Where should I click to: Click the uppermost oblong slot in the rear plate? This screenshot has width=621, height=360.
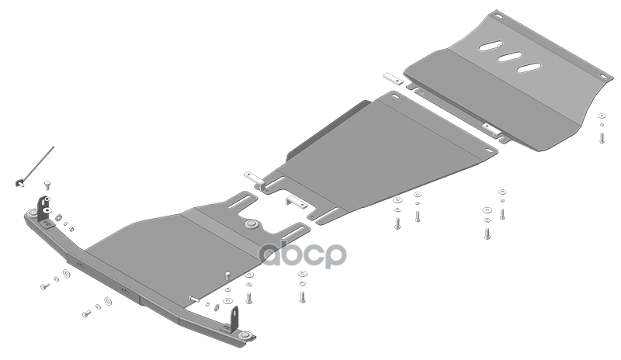[x=491, y=46]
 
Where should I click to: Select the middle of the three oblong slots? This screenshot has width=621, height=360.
[x=509, y=57]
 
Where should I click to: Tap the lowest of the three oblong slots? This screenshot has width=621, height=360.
[x=529, y=67]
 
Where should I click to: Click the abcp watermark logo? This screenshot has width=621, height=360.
[x=303, y=254]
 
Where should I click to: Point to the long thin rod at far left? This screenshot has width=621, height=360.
[x=38, y=164]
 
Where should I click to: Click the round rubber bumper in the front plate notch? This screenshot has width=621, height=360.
[x=252, y=224]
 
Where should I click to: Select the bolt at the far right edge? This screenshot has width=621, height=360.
[x=602, y=137]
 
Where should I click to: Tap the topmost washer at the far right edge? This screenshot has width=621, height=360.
[x=602, y=116]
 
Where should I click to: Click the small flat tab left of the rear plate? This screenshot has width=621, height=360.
[x=393, y=78]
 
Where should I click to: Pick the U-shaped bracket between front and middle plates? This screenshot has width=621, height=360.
[x=297, y=202]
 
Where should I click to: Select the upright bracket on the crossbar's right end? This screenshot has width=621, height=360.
[x=234, y=318]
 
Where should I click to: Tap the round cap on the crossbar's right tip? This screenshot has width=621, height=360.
[x=246, y=335]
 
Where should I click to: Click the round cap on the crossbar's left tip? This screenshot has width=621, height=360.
[x=32, y=213]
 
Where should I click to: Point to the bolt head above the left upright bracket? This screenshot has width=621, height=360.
[x=47, y=184]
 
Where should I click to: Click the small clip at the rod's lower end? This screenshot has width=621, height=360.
[x=20, y=182]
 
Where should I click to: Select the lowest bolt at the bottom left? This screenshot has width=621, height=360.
[x=86, y=314]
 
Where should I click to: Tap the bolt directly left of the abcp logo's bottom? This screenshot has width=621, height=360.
[x=248, y=297]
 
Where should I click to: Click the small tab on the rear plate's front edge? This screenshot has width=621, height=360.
[x=491, y=128]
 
